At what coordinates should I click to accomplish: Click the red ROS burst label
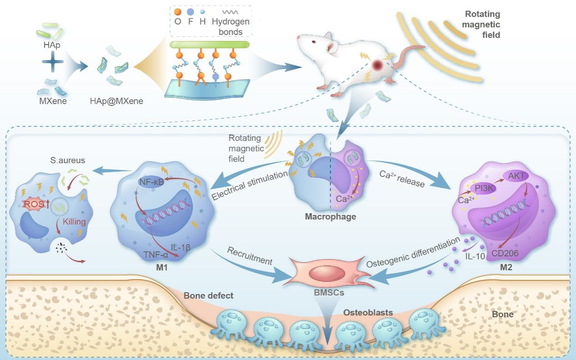(35, 205)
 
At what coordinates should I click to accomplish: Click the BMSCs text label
(329, 293)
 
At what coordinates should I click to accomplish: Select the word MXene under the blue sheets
(53, 101)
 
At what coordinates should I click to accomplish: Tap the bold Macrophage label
(330, 216)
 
